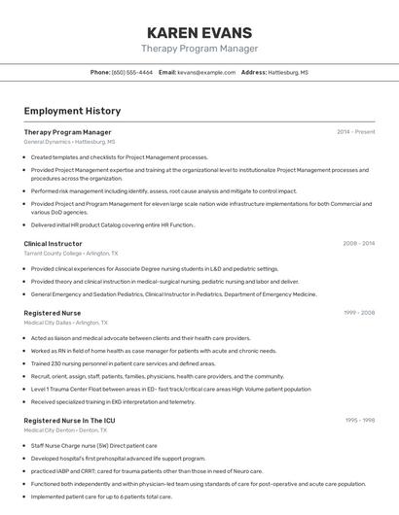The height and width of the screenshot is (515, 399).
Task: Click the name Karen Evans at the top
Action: tap(199, 32)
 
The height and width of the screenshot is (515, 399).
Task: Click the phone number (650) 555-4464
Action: tap(132, 72)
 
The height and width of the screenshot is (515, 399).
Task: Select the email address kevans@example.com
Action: tap(206, 72)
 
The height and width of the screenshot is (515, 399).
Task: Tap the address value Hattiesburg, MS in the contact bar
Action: tap(289, 72)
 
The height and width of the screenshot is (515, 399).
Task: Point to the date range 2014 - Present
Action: tap(355, 131)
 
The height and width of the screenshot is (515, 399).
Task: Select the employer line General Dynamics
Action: tap(69, 142)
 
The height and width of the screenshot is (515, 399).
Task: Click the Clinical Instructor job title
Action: tap(53, 243)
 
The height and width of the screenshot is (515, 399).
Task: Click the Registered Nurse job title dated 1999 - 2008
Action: tap(53, 313)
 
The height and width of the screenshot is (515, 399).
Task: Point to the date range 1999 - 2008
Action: tap(358, 313)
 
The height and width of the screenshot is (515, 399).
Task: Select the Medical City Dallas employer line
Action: tap(66, 323)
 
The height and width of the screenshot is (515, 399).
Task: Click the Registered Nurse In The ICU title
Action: tap(68, 420)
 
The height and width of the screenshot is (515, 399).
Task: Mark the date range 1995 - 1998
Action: tap(358, 420)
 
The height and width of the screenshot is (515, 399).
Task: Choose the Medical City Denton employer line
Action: tap(67, 429)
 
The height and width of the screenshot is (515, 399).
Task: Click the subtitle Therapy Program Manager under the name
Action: tap(199, 49)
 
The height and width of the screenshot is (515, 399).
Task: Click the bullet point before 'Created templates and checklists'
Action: tap(25, 156)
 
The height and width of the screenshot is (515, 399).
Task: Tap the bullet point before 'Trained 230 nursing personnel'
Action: tap(25, 362)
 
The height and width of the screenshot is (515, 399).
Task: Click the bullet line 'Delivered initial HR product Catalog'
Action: tap(113, 223)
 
